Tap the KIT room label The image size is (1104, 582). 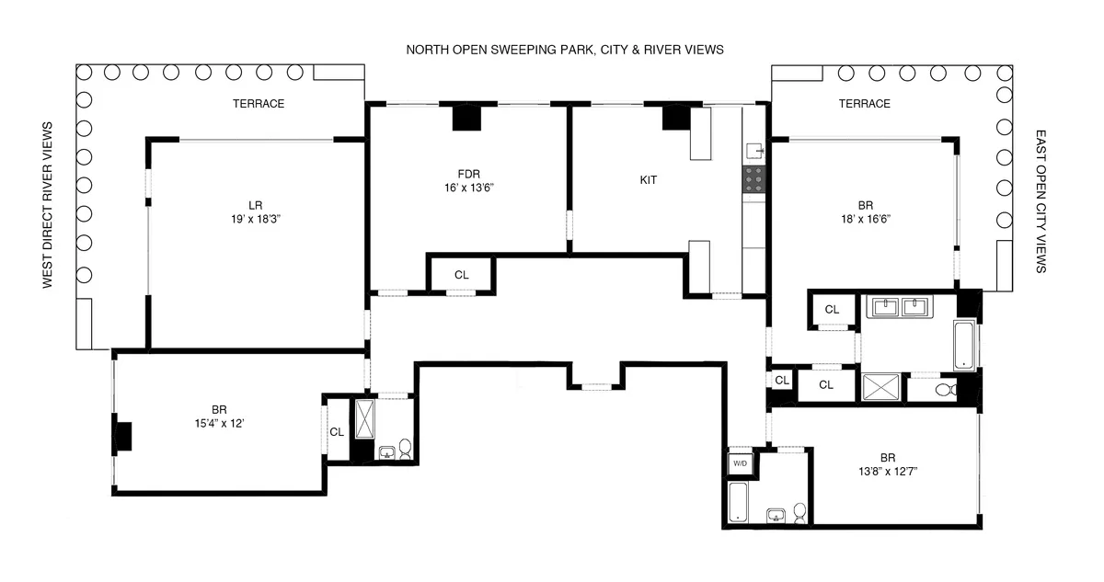tap(649, 181)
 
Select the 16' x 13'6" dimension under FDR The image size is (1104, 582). tap(470, 187)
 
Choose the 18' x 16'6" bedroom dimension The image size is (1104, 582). tap(864, 219)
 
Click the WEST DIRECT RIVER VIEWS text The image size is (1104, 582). tap(48, 206)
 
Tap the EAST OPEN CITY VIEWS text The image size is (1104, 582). tap(1041, 200)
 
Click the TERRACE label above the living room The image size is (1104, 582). tap(259, 104)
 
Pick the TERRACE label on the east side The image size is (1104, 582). tap(864, 104)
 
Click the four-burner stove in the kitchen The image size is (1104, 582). tap(753, 178)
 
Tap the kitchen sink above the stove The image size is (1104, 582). tap(754, 150)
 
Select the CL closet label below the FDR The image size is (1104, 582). tap(462, 275)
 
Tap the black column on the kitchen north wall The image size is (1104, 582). tap(676, 117)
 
